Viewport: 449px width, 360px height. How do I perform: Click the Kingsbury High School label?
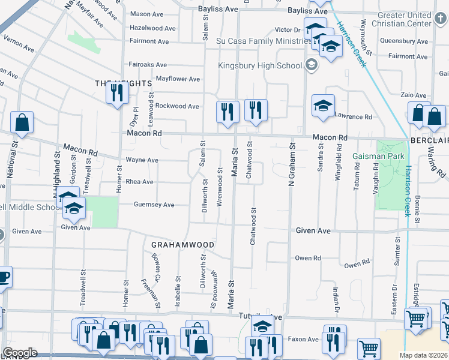(259, 65)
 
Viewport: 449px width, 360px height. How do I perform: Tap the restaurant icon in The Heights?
(116, 92)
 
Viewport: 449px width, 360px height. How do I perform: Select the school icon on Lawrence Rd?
(322, 106)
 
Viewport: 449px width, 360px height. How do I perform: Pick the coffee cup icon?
(3, 277)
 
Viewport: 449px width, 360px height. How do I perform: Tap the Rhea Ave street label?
(139, 182)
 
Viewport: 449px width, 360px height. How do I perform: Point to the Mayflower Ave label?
(178, 79)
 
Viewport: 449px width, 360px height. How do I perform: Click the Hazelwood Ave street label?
(153, 28)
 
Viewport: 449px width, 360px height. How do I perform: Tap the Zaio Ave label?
(414, 95)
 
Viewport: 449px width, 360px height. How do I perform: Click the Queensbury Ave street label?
(405, 42)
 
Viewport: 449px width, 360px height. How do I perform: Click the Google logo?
(20, 353)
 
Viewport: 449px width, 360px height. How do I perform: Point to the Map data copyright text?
(423, 355)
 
